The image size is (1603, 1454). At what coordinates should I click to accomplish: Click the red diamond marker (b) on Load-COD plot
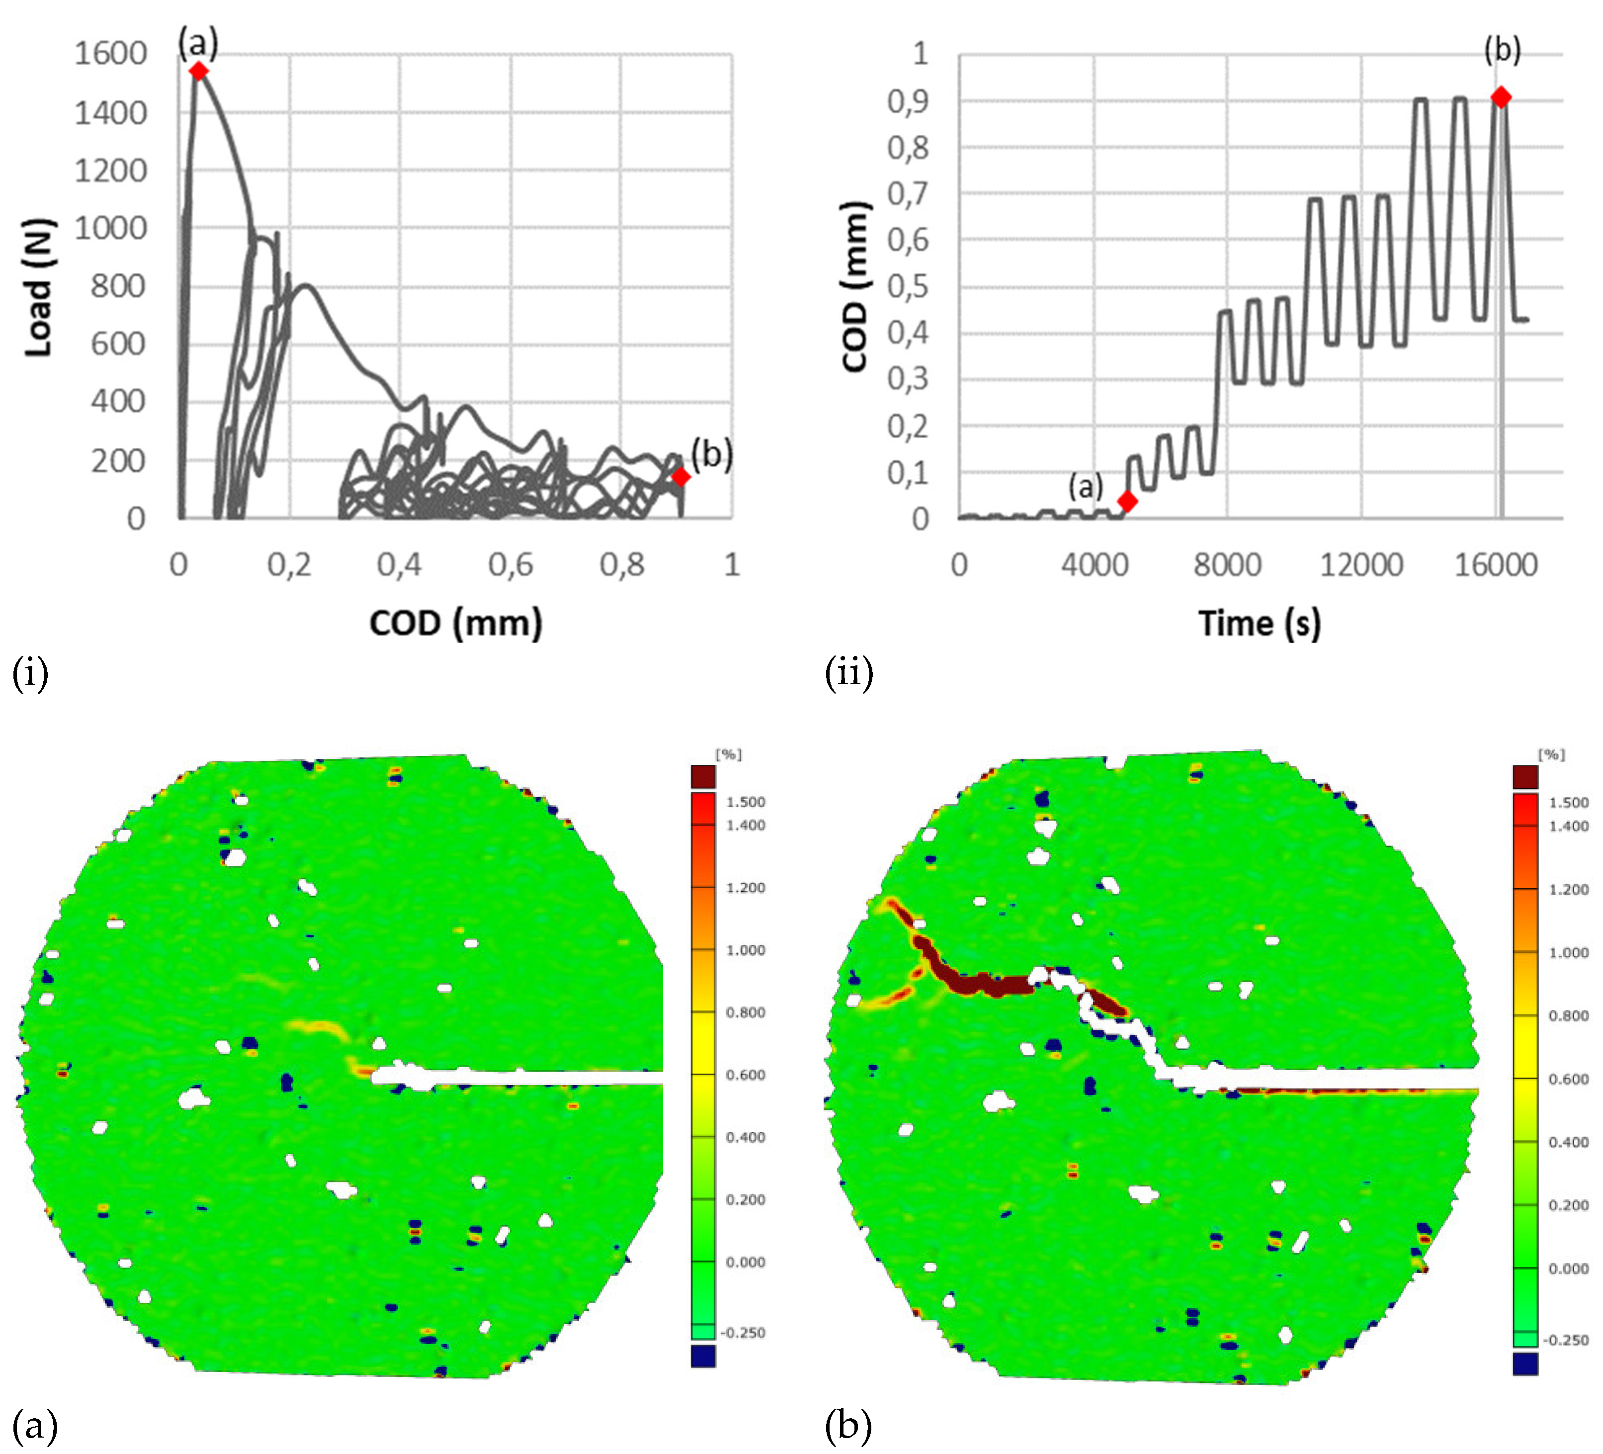(680, 476)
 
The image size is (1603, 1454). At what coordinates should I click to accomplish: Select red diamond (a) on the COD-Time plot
(1127, 500)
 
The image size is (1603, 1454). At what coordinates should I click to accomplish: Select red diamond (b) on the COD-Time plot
(1501, 97)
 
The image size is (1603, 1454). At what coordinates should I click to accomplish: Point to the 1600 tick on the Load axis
(110, 54)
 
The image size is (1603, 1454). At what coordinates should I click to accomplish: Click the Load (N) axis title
(38, 287)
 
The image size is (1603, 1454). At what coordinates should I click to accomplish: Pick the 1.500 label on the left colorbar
(745, 802)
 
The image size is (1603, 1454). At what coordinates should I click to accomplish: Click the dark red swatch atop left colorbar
(703, 776)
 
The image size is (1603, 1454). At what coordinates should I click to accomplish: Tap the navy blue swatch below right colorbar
(1524, 1364)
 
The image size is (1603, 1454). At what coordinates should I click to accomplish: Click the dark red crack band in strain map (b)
(986, 984)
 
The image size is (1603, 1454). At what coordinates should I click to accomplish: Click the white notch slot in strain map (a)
(541, 1078)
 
